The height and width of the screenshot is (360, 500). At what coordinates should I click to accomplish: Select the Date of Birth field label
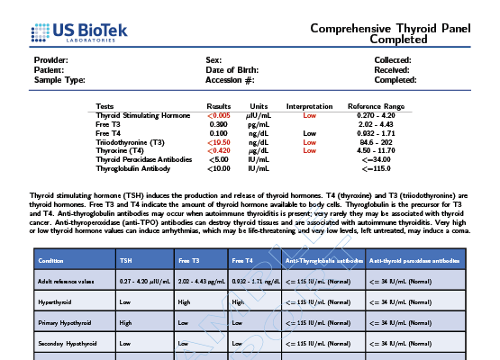[x=232, y=69]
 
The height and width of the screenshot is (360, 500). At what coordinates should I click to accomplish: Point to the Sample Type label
[x=59, y=80]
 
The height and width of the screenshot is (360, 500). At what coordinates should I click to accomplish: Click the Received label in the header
[x=392, y=69]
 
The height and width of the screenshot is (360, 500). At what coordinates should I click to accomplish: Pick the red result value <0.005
[x=219, y=116]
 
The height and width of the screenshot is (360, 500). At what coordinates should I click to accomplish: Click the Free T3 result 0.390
[x=219, y=124]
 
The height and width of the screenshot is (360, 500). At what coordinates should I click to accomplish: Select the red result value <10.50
[x=219, y=142]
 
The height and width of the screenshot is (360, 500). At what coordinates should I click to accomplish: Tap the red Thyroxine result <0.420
[x=219, y=150]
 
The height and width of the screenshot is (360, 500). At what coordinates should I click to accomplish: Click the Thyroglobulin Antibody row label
[x=132, y=168]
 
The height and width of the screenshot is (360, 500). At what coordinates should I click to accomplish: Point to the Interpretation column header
[x=309, y=106]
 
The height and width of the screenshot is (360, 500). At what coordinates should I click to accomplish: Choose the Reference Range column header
[x=376, y=106]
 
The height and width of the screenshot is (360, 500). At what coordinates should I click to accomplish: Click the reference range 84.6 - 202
[x=376, y=142]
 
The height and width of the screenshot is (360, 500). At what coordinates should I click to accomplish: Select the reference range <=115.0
[x=376, y=168]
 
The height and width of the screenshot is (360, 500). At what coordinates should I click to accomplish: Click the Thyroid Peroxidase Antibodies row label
[x=143, y=159]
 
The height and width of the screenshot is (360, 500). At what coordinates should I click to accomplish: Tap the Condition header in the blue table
[x=50, y=261]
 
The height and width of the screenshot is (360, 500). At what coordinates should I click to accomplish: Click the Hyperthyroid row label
[x=54, y=302]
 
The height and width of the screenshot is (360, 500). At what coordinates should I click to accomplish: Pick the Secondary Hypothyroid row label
[x=67, y=344]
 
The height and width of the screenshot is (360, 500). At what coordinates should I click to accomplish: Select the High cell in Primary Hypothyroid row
[x=125, y=322]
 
